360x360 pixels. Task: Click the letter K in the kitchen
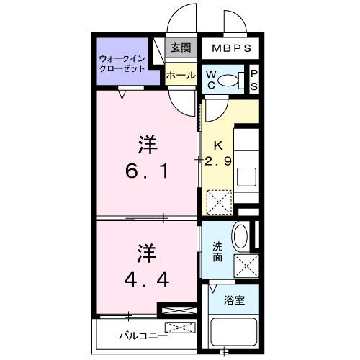coord(217,145)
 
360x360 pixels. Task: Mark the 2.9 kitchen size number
coord(217,161)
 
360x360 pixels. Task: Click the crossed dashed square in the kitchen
coord(217,201)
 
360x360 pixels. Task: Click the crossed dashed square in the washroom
coord(246,266)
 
